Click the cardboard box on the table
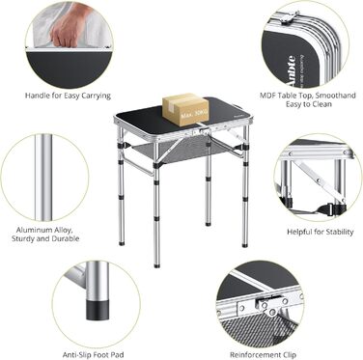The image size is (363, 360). tap(185, 109)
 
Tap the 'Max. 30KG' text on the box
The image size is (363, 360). tap(193, 114)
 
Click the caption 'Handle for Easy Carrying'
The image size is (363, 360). tap(68, 96)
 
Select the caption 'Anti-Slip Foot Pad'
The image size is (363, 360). tap(94, 354)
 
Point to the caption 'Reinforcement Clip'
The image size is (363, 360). tap(263, 354)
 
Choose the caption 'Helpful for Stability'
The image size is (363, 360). tap(321, 232)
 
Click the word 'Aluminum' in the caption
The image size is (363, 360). tap(34, 230)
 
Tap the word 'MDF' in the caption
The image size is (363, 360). tap(267, 96)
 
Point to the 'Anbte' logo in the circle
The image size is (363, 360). tap(291, 70)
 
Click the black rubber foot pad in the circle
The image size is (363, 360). tap(97, 310)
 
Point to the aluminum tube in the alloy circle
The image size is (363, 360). tap(43, 178)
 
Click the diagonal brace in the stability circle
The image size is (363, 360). tap(316, 180)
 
